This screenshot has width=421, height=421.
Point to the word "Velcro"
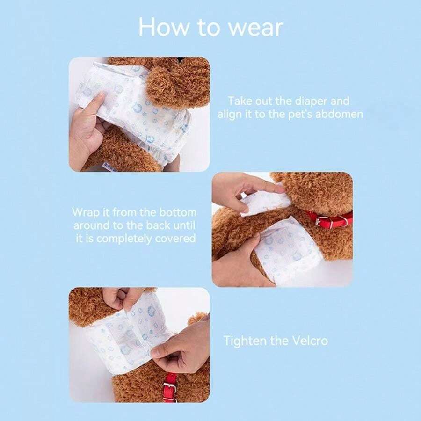click(308, 340)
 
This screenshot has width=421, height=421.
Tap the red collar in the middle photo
click(330, 218)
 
